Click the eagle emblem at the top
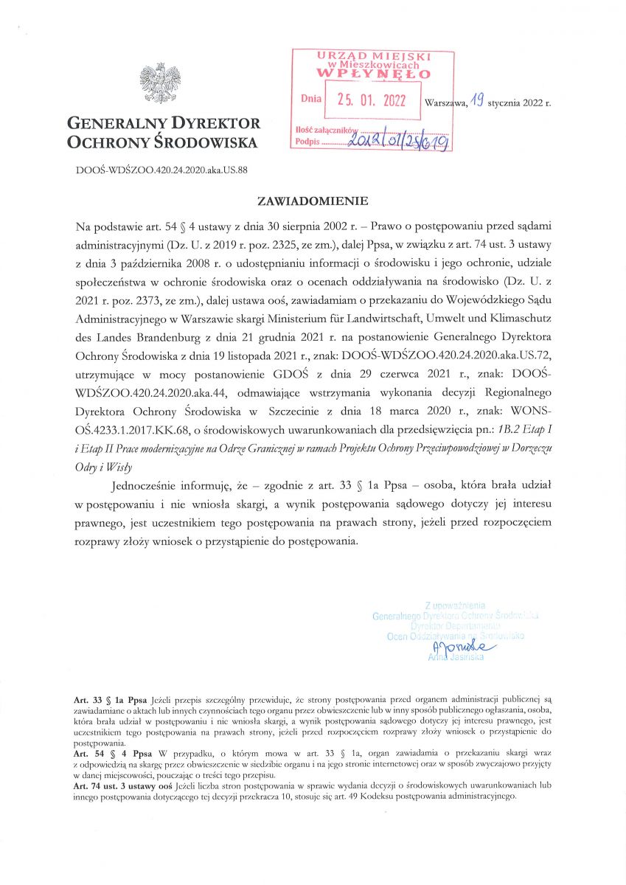(161, 84)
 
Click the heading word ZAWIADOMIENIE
(312, 200)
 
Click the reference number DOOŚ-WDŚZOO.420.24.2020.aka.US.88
(161, 169)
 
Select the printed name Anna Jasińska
(458, 656)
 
